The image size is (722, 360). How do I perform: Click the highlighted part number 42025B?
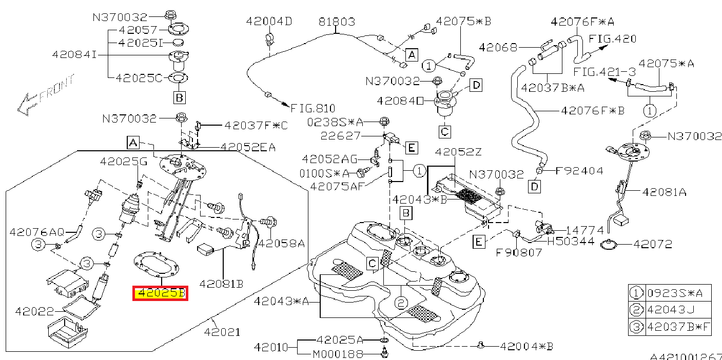click(x=160, y=294)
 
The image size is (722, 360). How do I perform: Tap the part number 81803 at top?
click(x=336, y=22)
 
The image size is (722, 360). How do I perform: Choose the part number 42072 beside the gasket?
click(x=652, y=245)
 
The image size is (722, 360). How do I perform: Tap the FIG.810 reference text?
click(x=313, y=109)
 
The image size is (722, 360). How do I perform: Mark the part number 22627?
click(x=341, y=136)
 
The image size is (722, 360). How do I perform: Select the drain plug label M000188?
click(x=338, y=354)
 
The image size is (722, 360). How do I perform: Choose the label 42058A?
click(x=281, y=243)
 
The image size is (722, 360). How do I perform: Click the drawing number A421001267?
click(x=686, y=356)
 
